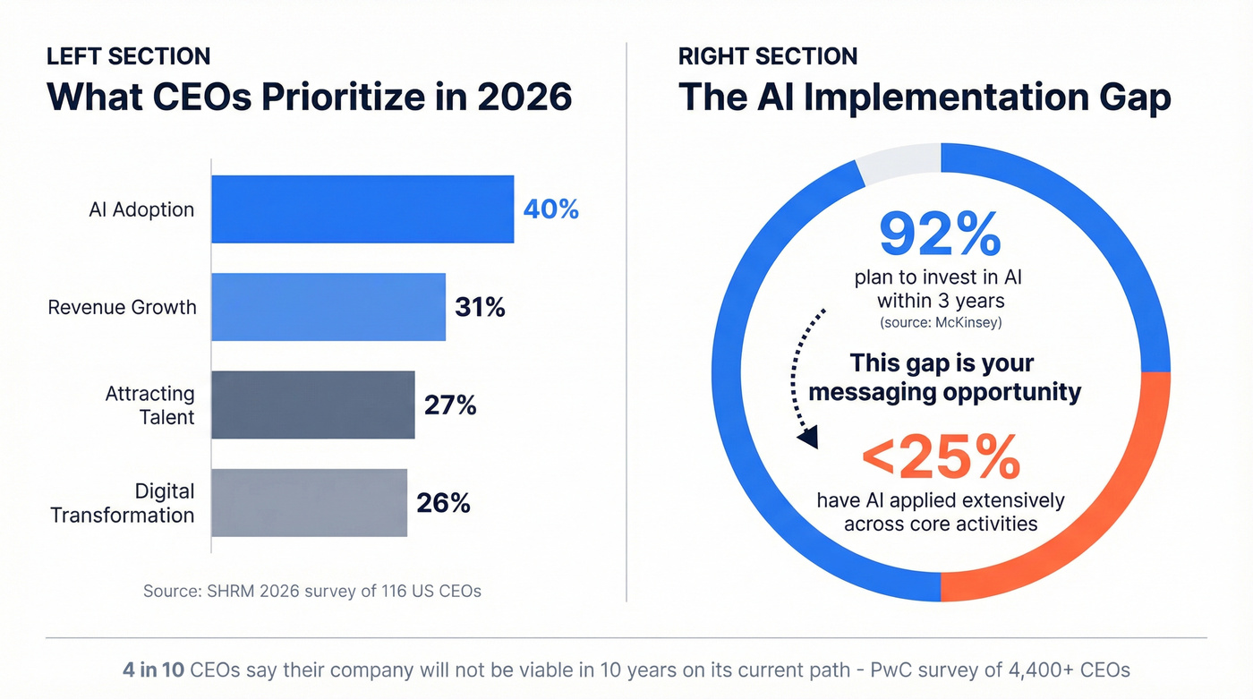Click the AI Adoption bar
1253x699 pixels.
(362, 209)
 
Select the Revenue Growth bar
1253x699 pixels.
(328, 307)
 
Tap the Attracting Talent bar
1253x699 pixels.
(313, 405)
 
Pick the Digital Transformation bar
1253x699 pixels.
(309, 502)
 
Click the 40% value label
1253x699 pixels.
(551, 209)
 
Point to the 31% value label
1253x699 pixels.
(480, 307)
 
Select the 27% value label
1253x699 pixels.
(450, 405)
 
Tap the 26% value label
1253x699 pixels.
(443, 502)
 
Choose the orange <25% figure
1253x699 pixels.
(940, 458)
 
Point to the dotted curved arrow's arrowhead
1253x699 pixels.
(808, 439)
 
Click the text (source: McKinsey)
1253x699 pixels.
(940, 321)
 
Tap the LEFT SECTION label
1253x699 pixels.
(128, 55)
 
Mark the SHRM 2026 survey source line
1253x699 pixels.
(312, 592)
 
